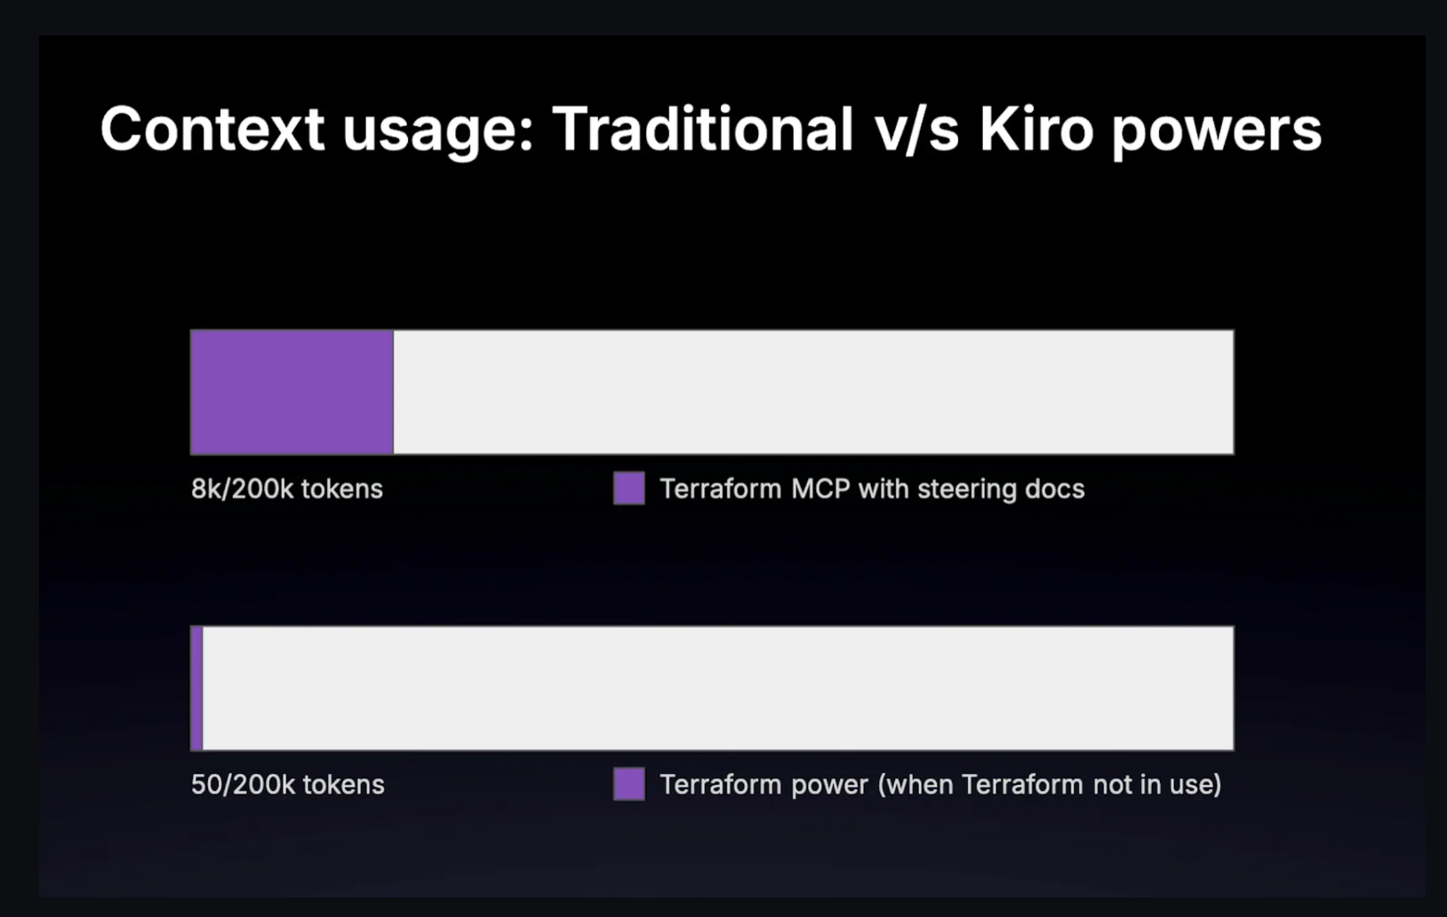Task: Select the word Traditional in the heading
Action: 702,130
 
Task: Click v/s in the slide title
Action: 916,130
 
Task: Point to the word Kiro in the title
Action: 1035,130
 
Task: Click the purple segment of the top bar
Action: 292,392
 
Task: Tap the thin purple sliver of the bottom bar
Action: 196,688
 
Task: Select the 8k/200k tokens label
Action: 286,489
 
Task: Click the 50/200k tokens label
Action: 287,785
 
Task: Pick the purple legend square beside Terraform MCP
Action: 628,489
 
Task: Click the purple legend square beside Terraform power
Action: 628,785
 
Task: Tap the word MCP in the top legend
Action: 820,489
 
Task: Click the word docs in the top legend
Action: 1054,489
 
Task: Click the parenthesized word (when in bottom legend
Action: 916,785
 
